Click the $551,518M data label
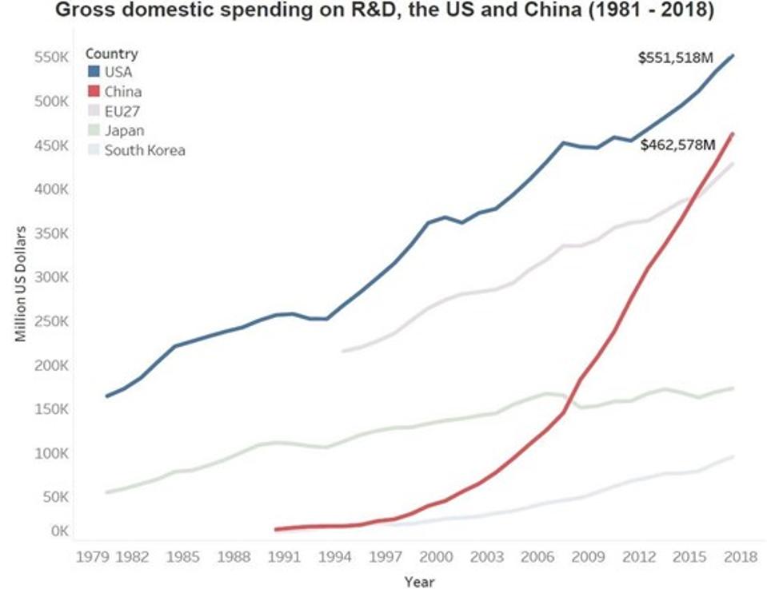click(674, 58)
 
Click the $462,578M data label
click(677, 145)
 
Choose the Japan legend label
click(124, 130)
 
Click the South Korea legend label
click(145, 149)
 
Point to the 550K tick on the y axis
click(50, 58)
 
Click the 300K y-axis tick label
click(50, 277)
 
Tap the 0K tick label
click(58, 531)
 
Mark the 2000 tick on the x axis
click(433, 555)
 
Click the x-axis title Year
click(419, 581)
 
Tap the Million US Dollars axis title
click(21, 284)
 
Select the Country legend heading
click(112, 54)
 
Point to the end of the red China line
click(733, 133)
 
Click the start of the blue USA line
click(106, 396)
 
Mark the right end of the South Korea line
click(733, 456)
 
